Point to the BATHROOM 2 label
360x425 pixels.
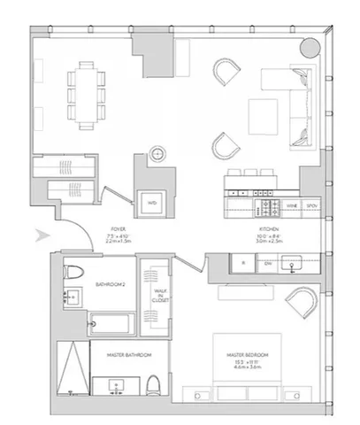[111, 284]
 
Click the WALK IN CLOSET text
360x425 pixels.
[159, 296]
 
